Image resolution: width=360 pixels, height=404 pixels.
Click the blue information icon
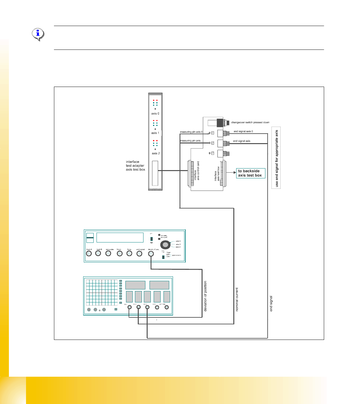pyautogui.click(x=38, y=34)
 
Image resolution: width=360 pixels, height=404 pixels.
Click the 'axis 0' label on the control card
pyautogui.click(x=155, y=113)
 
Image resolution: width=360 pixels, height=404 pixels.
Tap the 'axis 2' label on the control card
pyautogui.click(x=156, y=153)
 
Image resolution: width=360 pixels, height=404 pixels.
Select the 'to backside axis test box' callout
pyautogui.click(x=250, y=173)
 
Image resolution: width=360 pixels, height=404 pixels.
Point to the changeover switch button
pyautogui.click(x=221, y=123)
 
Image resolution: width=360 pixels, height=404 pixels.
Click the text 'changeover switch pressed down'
pyautogui.click(x=250, y=123)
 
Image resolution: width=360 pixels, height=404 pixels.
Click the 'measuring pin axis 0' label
pyautogui.click(x=191, y=132)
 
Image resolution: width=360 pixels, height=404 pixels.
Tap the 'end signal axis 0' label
pyautogui.click(x=243, y=131)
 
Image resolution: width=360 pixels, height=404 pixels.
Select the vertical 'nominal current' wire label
pyautogui.click(x=237, y=299)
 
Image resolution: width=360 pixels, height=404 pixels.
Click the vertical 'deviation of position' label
pyautogui.click(x=205, y=296)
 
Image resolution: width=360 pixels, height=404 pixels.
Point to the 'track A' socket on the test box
pyautogui.click(x=89, y=254)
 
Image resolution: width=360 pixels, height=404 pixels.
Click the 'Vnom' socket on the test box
pyautogui.click(x=119, y=254)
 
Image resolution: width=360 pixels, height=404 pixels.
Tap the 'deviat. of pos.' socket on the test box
pyautogui.click(x=151, y=254)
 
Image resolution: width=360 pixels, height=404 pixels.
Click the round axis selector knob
pyautogui.click(x=165, y=245)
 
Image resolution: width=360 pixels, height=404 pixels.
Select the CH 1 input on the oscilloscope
pyautogui.click(x=130, y=307)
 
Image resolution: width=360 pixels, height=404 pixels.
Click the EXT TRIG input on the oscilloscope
pyautogui.click(x=167, y=307)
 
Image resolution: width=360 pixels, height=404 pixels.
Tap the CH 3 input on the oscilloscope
pyautogui.click(x=147, y=307)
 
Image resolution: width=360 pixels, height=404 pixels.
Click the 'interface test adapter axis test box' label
pyautogui.click(x=135, y=166)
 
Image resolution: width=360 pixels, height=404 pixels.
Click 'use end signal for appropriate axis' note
pyautogui.click(x=276, y=158)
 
